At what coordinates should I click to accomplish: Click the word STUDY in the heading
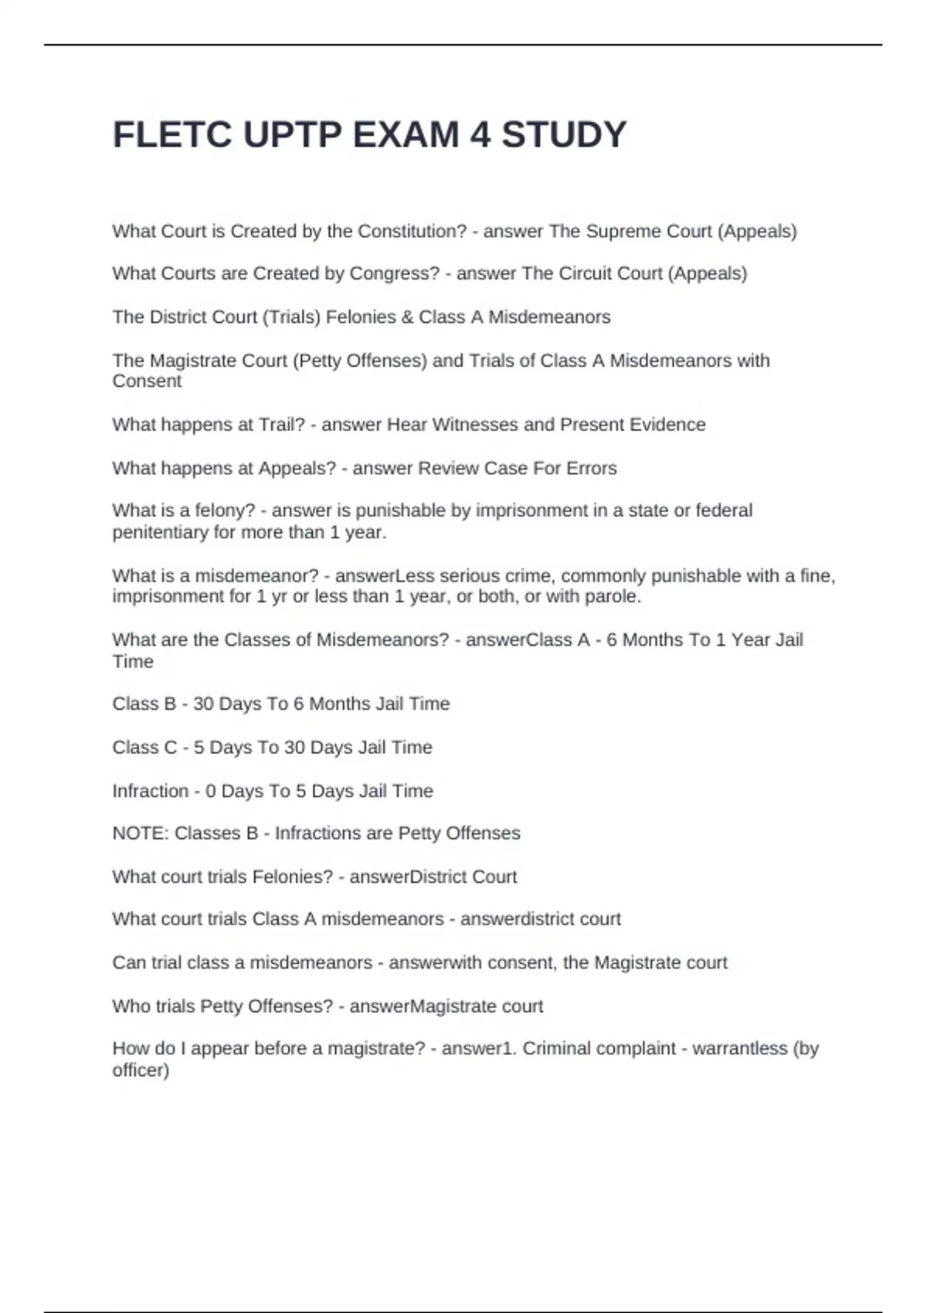tap(564, 135)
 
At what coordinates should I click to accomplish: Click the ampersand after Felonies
tap(407, 317)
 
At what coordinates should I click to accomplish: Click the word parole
tap(615, 596)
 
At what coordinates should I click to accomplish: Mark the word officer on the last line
tap(140, 1070)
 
